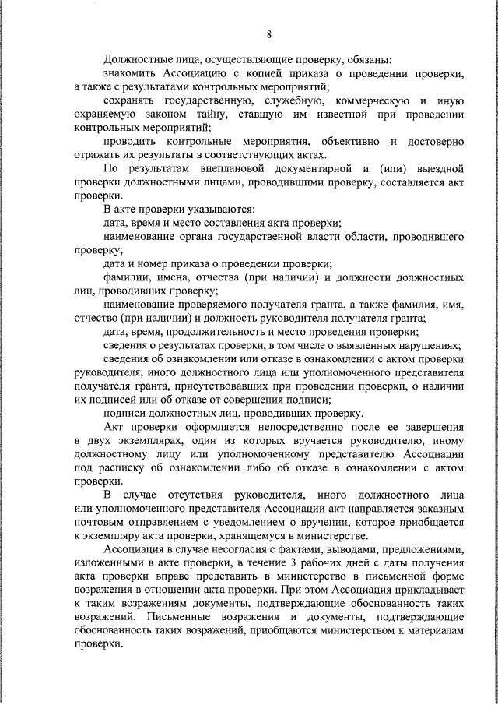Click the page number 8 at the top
[x=268, y=33]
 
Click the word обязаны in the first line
[x=368, y=58]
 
